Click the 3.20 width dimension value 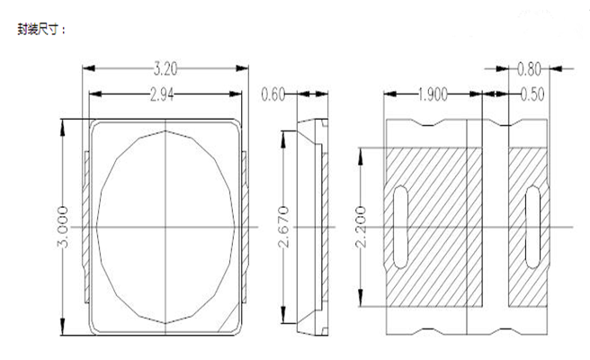coord(165,69)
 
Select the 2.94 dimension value coord(162,94)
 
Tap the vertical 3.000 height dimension coord(63,227)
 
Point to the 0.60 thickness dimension coord(273,94)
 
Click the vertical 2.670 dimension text coord(284,227)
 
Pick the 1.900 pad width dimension coord(433,94)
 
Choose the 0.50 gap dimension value coord(532,94)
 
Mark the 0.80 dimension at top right coord(529,69)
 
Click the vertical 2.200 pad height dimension coord(361,227)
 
